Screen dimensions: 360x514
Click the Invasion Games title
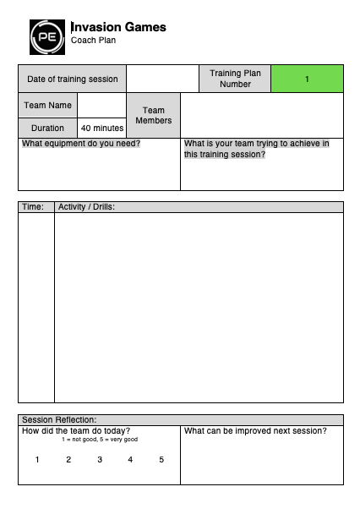[118, 27]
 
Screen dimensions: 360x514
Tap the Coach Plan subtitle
[93, 40]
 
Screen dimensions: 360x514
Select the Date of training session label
[72, 79]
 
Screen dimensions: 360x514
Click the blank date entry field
[162, 79]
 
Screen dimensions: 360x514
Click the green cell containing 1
[307, 79]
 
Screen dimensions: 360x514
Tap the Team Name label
[47, 106]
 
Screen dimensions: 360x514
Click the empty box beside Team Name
[101, 106]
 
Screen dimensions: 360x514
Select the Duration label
[47, 128]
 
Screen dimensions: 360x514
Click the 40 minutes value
[101, 128]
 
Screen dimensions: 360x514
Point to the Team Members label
[153, 116]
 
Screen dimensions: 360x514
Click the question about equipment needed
[81, 144]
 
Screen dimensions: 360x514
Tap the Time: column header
[33, 207]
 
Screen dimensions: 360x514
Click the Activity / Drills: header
[85, 207]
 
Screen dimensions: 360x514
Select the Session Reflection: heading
[59, 419]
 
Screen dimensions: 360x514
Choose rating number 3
[100, 460]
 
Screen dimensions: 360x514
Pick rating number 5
[161, 460]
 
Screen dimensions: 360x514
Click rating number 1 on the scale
[37, 460]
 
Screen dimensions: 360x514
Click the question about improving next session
[254, 431]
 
